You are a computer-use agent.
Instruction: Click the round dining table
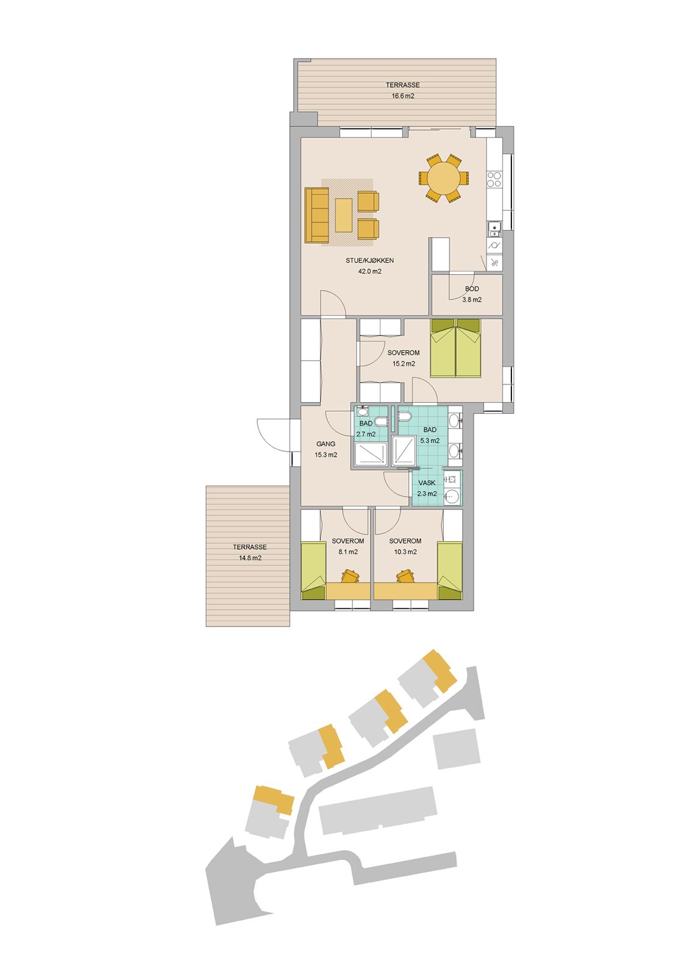443,178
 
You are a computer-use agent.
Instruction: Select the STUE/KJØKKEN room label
369,260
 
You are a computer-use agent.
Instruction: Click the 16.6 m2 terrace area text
402,96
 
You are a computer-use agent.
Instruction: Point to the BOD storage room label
472,289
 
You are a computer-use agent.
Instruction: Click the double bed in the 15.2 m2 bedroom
455,348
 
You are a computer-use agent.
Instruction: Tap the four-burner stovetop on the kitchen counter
494,179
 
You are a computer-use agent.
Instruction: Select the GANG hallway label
325,444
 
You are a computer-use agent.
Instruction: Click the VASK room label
427,483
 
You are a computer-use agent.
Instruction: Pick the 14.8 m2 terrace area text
250,558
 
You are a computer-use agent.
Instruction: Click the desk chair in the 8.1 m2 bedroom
350,576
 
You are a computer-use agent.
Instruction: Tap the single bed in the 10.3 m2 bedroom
450,570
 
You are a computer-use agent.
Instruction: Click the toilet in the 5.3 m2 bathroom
404,417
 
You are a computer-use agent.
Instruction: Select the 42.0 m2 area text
369,271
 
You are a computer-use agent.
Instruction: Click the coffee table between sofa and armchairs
344,215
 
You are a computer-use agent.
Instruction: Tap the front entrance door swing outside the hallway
274,435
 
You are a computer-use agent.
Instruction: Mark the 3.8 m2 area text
472,299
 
